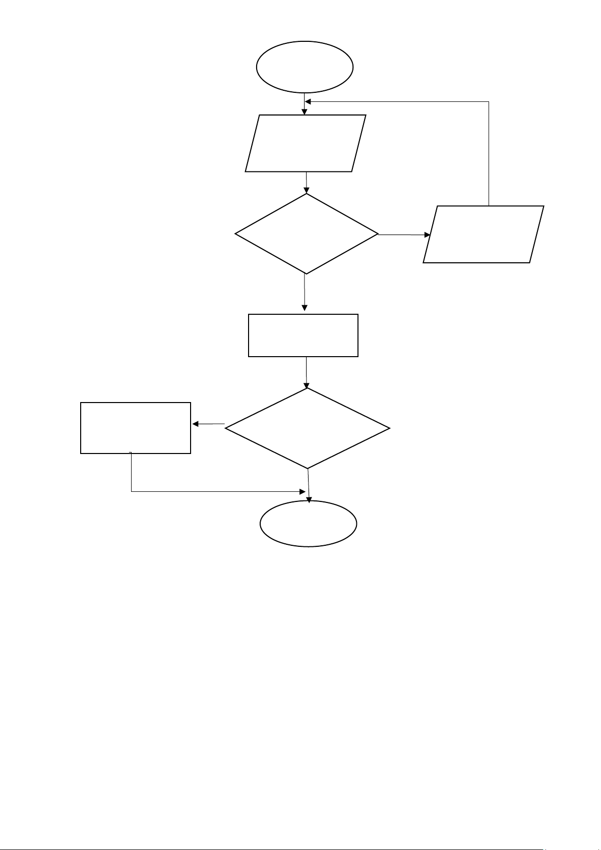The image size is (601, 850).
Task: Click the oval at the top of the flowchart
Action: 305,67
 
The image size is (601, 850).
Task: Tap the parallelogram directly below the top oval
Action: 306,143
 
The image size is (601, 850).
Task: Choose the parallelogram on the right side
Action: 483,234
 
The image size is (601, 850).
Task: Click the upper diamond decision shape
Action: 306,234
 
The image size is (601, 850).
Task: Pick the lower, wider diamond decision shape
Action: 307,428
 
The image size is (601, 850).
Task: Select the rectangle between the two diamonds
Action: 303,335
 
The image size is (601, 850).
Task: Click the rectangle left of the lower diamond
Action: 136,428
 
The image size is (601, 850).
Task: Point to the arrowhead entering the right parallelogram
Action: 428,235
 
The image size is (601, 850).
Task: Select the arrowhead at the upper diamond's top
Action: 307,190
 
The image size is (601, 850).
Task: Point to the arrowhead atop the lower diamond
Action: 307,385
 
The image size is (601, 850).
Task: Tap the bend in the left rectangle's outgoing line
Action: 132,491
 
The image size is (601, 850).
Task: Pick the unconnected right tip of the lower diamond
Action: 389,429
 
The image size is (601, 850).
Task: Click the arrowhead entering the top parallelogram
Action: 304,111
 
